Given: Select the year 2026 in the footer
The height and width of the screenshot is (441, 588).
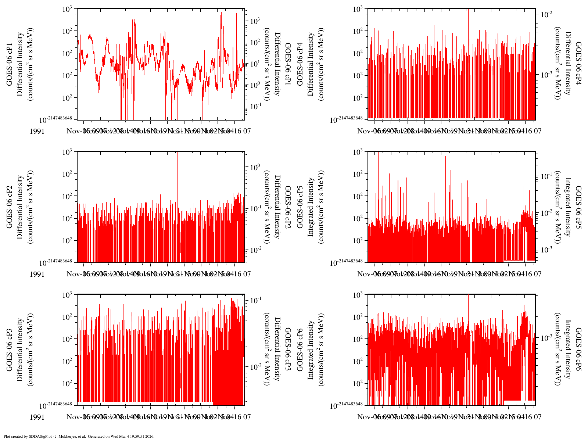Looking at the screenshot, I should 150,437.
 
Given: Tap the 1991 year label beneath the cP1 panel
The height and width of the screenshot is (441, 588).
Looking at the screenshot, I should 37,131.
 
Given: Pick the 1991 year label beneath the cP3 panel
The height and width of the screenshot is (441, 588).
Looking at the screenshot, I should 37,417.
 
